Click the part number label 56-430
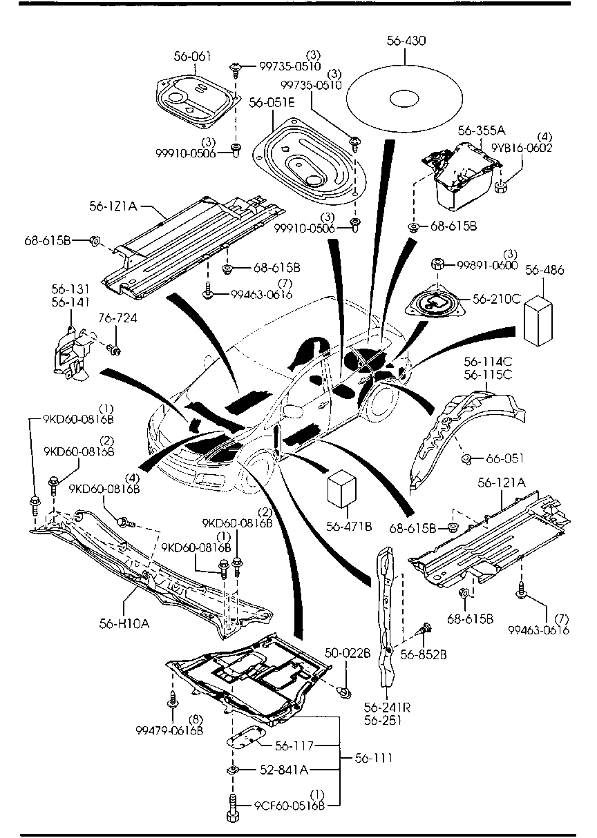[406, 41]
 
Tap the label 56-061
[192, 57]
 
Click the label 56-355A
[482, 130]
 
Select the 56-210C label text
[496, 299]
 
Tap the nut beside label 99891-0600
[437, 264]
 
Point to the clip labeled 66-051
[467, 458]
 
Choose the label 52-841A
[284, 769]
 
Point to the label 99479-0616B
[170, 730]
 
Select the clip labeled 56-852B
[426, 627]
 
